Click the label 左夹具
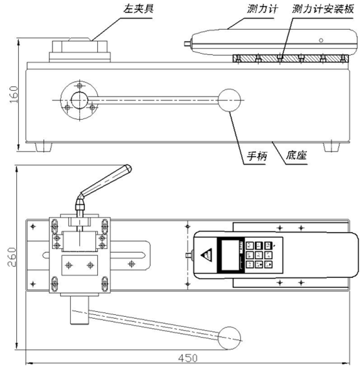point(138,8)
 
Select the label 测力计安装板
point(322,9)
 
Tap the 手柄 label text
point(257,156)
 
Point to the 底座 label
point(296,156)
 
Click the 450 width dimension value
point(188,358)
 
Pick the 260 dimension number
point(12,257)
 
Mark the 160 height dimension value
point(14,95)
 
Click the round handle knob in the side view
point(229,100)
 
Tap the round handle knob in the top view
point(229,338)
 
